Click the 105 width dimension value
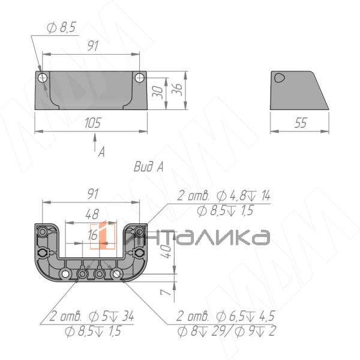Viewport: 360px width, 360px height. pyautogui.click(x=93, y=123)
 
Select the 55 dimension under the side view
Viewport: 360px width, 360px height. pyautogui.click(x=301, y=123)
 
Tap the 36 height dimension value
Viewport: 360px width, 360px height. pyautogui.click(x=177, y=89)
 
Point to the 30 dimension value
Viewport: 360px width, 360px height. pyautogui.click(x=158, y=92)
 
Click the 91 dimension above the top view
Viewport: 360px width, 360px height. pyautogui.click(x=93, y=46)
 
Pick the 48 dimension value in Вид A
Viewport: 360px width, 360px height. pyautogui.click(x=92, y=214)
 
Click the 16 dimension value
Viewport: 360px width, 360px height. pyautogui.click(x=92, y=235)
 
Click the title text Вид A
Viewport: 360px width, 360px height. pyautogui.click(x=149, y=166)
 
